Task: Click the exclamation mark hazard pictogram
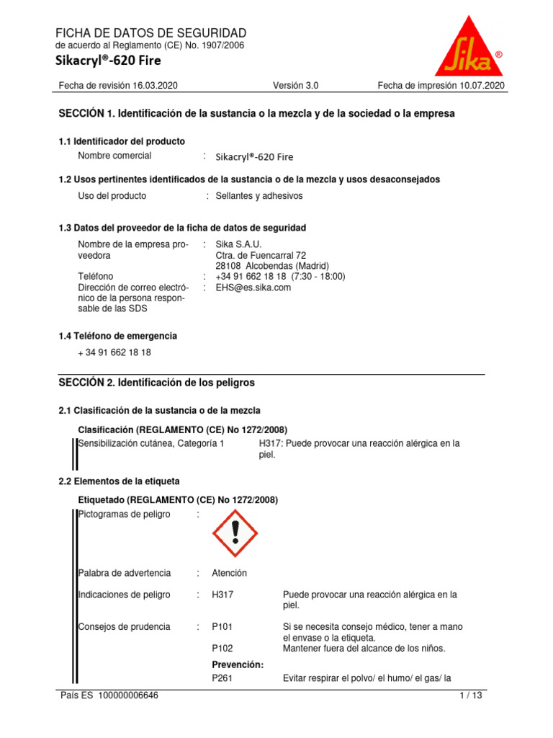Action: [235, 533]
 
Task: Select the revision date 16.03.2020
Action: [155, 86]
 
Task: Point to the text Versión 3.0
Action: [295, 86]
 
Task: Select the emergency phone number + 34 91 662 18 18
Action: [114, 352]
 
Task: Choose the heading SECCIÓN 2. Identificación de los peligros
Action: [156, 383]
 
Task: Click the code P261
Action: [222, 678]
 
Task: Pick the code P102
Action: [222, 648]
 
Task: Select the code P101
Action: [222, 627]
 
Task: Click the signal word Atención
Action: [229, 573]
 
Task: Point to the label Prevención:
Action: [238, 664]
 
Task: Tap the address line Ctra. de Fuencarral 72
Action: [261, 255]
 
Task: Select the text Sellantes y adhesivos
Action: [259, 196]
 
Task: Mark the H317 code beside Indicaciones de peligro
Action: [222, 595]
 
